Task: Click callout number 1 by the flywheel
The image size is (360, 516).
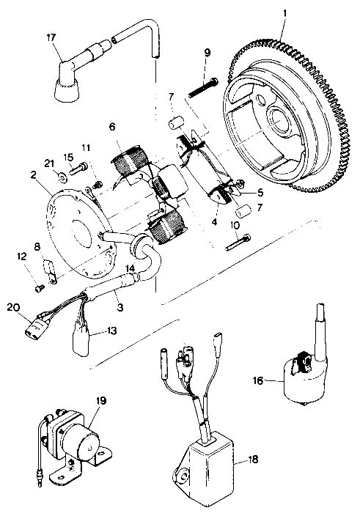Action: pos(285,12)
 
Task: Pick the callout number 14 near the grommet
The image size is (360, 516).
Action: pos(131,269)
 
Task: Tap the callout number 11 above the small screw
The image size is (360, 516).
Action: pos(86,147)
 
